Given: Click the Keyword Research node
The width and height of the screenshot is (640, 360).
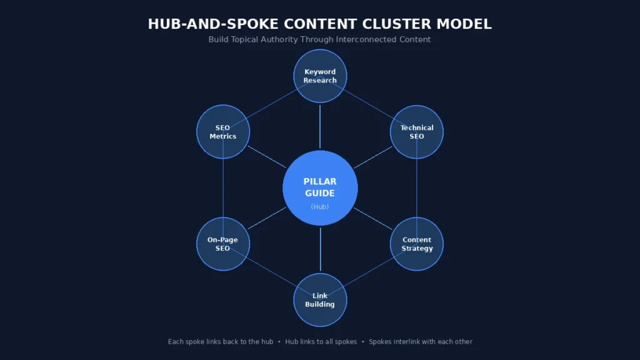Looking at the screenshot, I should pyautogui.click(x=320, y=76).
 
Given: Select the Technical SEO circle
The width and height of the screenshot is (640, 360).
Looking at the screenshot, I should pyautogui.click(x=417, y=132).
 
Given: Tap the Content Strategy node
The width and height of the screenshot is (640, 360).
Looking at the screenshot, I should pyautogui.click(x=417, y=244).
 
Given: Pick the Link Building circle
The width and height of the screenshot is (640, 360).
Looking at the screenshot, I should pyautogui.click(x=320, y=300).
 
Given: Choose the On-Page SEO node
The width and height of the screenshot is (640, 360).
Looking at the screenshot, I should pyautogui.click(x=223, y=244).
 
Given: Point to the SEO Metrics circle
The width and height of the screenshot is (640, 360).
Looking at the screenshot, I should pyautogui.click(x=223, y=132).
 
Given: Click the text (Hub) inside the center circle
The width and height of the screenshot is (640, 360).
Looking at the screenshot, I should pyautogui.click(x=320, y=207).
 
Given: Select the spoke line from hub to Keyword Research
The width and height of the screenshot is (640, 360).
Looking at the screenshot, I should pyautogui.click(x=320, y=126).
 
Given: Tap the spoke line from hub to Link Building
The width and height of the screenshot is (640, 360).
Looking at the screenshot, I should pyautogui.click(x=320, y=249).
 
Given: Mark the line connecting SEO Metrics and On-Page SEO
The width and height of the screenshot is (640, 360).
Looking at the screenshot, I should pyautogui.click(x=223, y=187).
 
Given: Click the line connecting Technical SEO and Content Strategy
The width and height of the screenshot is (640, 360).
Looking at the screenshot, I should pyautogui.click(x=417, y=187).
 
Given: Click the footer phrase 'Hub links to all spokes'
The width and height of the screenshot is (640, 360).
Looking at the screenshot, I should pyautogui.click(x=321, y=342).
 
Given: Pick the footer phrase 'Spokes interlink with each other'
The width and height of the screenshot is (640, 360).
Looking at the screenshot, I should pyautogui.click(x=421, y=342).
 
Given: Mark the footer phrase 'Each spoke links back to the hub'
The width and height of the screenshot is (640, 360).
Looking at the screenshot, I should pyautogui.click(x=221, y=342).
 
